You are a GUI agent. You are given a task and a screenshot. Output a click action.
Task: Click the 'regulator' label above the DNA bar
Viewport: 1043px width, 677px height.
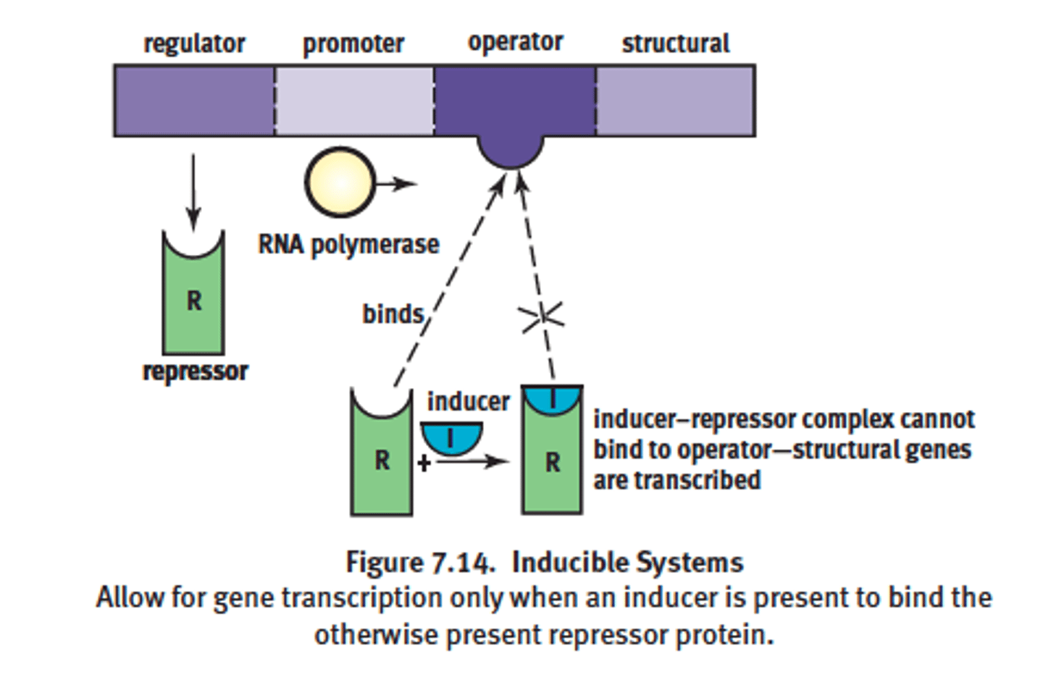pos(194,44)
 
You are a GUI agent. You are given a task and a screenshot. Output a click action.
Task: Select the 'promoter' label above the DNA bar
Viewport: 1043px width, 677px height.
pos(353,44)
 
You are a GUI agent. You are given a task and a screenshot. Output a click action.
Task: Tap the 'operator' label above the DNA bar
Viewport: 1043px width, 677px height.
pos(515,43)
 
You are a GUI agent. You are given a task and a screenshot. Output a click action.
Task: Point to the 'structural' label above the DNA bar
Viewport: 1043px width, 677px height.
pos(675,44)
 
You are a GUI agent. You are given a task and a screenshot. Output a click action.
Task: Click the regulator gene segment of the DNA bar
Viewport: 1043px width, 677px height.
pos(194,101)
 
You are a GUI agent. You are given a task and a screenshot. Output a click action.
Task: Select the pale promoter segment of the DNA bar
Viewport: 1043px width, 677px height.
pos(354,101)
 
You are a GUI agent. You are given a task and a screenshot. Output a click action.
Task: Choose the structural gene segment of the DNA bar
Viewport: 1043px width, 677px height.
pos(675,101)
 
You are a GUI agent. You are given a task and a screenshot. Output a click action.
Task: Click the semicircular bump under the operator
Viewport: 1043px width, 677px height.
pos(510,151)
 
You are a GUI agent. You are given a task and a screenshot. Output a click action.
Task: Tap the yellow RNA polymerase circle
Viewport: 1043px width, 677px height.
pos(340,183)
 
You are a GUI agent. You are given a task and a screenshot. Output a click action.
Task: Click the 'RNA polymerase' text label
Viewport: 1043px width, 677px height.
pos(348,245)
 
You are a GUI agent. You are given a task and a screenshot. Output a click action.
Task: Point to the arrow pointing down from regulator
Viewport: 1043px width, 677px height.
pos(193,192)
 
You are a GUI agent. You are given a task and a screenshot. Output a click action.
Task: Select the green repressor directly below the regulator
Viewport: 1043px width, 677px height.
pos(193,300)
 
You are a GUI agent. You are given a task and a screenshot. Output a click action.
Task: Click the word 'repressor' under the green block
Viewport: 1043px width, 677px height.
pos(195,371)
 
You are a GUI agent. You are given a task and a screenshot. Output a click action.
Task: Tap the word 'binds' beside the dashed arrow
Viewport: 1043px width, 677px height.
pos(393,314)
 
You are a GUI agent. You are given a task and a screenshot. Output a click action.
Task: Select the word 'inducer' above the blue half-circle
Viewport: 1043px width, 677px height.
pos(468,401)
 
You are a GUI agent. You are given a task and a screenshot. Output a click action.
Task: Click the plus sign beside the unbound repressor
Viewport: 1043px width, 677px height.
pos(424,462)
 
